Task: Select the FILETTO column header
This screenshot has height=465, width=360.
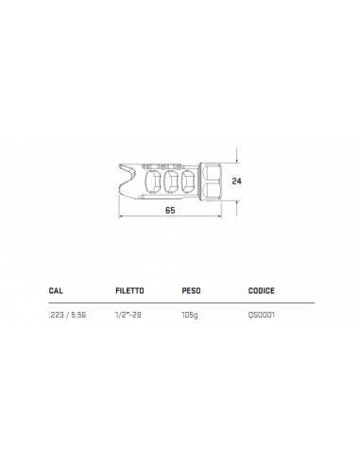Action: tap(129, 292)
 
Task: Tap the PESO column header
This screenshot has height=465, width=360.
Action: tap(191, 292)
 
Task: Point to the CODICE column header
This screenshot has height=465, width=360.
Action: tap(262, 292)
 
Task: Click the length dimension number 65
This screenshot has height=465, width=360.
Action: tap(170, 210)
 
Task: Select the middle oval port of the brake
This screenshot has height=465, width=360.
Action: tap(172, 180)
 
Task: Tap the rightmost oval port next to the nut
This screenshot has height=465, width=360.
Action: tap(192, 180)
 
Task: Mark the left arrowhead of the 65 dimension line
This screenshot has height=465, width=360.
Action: tap(121, 216)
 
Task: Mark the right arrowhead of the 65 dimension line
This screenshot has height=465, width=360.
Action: tap(221, 216)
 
